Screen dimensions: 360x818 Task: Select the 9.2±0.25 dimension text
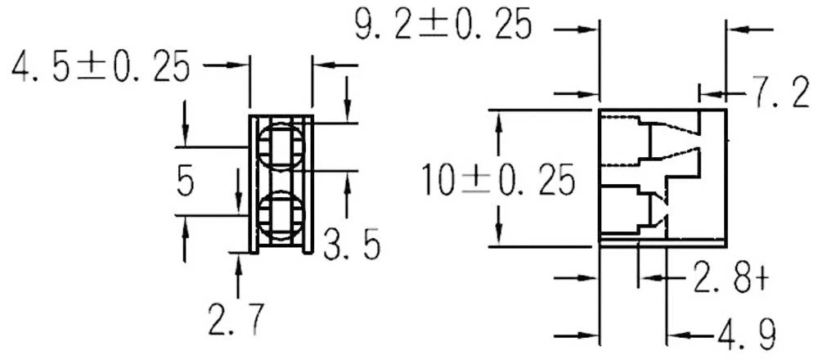point(443,25)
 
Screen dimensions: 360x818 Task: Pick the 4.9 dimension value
point(744,335)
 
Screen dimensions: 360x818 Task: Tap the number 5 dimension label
point(186,182)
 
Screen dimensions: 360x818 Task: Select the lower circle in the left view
point(281,217)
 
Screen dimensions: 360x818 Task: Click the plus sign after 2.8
point(762,279)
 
